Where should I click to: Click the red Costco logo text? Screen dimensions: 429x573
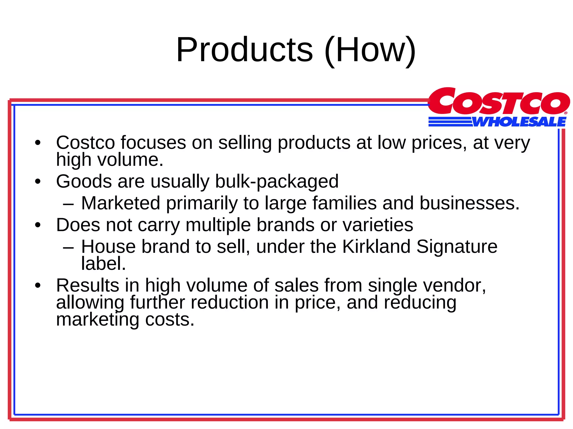(499, 101)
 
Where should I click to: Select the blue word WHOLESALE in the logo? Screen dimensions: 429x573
(519, 122)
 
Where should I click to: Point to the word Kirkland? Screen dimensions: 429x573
(376, 247)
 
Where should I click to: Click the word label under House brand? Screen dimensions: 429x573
(103, 263)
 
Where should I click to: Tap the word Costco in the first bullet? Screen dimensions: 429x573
(85, 143)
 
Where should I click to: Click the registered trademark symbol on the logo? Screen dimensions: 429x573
(565, 113)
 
